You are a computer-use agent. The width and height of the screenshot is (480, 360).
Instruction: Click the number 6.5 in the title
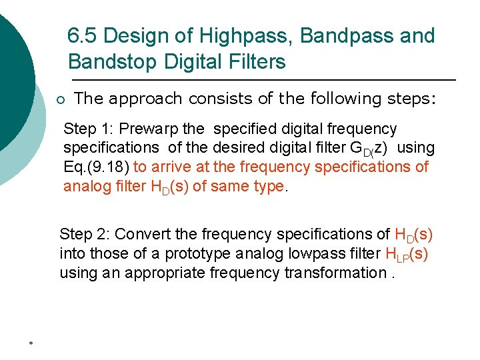coord(83,36)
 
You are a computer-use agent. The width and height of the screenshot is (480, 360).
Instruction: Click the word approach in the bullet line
coord(145,99)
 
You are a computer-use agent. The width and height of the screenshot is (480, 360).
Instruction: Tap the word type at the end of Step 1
coord(269,187)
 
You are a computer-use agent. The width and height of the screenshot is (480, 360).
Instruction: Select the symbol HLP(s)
coord(407,254)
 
